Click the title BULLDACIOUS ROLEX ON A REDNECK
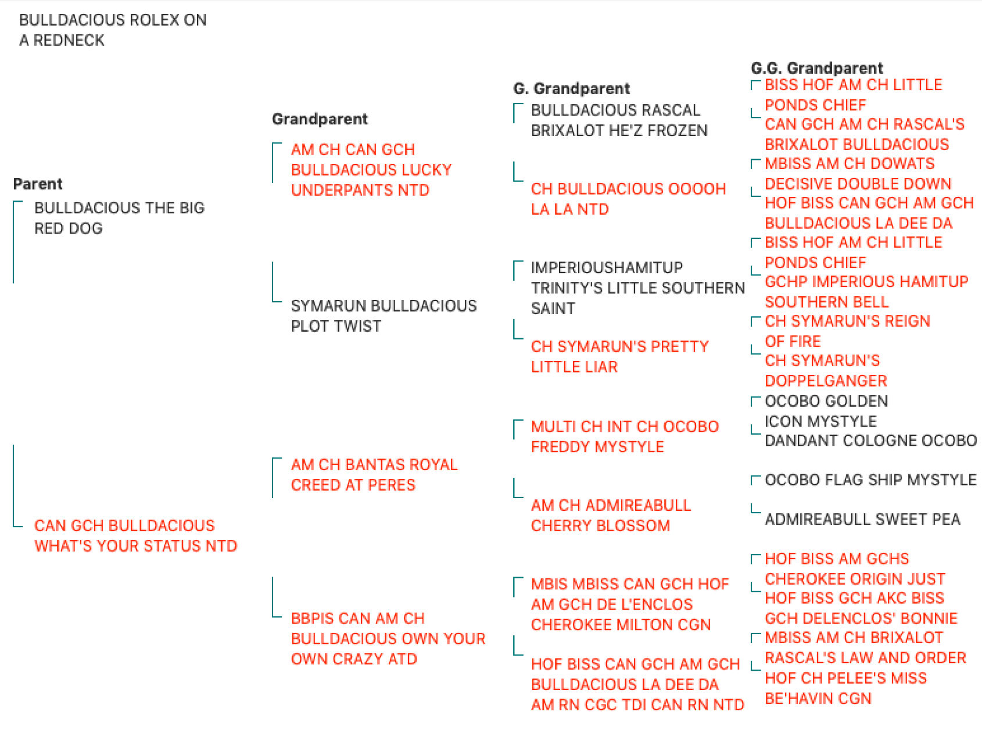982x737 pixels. tap(113, 30)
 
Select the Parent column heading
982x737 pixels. tap(38, 184)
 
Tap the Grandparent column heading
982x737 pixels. tap(320, 119)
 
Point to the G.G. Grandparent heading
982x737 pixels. tap(816, 68)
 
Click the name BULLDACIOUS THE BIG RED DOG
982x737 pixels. tap(119, 218)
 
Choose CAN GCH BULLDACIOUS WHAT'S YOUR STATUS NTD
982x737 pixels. tap(135, 536)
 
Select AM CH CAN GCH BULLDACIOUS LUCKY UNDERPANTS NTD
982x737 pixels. tap(371, 170)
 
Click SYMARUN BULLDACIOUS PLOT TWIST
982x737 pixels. tap(384, 316)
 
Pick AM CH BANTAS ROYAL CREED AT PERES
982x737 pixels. tap(374, 475)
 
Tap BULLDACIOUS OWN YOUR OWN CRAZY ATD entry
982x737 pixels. tap(388, 639)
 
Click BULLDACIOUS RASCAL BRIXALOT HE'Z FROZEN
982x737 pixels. tap(619, 120)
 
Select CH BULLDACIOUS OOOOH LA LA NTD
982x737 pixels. tap(628, 199)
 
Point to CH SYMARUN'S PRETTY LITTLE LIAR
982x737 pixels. tap(619, 356)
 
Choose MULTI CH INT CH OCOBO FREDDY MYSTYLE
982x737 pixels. tap(625, 437)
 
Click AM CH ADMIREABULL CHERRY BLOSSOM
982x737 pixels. tap(611, 516)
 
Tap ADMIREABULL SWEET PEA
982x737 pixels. tap(862, 519)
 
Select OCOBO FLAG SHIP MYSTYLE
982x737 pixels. tap(870, 480)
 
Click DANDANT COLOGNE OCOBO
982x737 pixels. tap(870, 441)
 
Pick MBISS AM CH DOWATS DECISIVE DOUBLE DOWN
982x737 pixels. tap(858, 174)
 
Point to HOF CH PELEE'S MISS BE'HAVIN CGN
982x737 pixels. tap(845, 688)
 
